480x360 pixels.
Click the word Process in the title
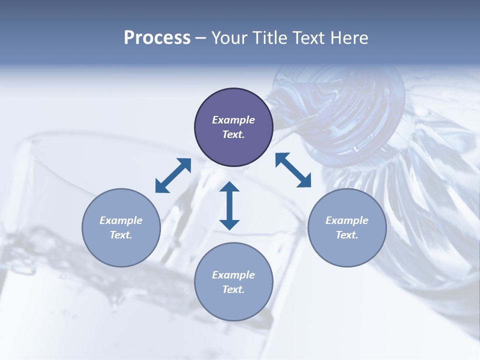click(157, 38)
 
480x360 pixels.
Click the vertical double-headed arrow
click(229, 206)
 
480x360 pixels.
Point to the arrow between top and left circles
click(173, 175)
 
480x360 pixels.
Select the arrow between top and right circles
click(293, 170)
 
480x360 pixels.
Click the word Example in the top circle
click(233, 120)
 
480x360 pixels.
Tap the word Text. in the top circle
click(233, 134)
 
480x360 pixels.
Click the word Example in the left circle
click(121, 220)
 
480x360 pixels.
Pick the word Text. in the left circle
click(121, 235)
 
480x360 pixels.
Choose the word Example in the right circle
click(347, 220)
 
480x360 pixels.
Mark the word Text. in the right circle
click(347, 235)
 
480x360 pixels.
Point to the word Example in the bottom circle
click(233, 275)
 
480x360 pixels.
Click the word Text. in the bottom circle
click(233, 289)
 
